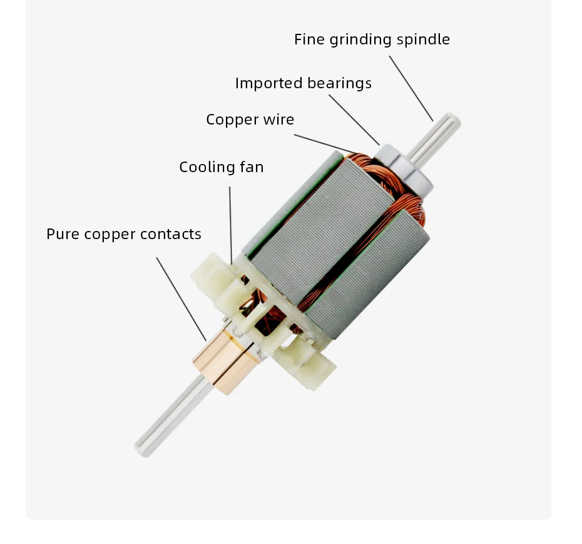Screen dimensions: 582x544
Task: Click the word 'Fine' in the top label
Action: tap(309, 39)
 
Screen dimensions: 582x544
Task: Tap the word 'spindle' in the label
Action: tap(425, 39)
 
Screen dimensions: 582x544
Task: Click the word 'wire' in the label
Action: tap(278, 120)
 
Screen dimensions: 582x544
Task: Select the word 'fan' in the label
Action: tap(251, 167)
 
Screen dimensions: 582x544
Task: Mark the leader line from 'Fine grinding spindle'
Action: tap(411, 88)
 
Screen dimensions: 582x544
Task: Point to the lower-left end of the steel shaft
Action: tap(143, 446)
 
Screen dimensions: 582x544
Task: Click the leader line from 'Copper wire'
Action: tap(325, 143)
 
